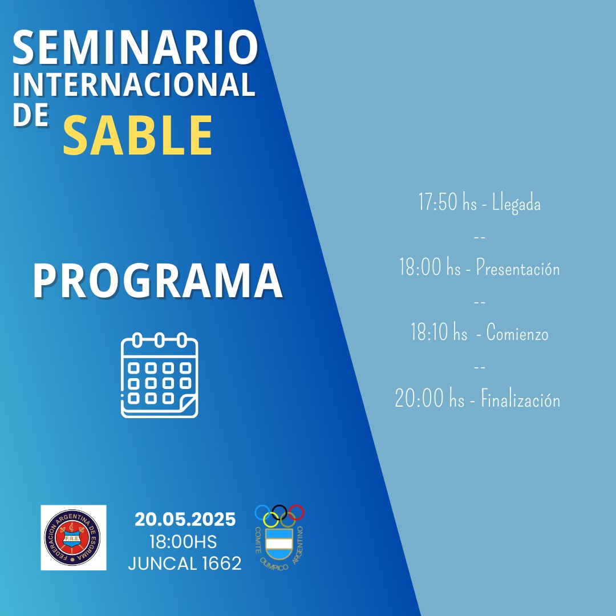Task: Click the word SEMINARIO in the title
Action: click(x=136, y=47)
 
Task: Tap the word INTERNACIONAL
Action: click(x=135, y=84)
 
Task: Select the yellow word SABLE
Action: click(x=138, y=135)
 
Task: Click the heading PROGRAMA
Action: click(x=158, y=281)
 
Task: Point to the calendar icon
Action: click(x=160, y=375)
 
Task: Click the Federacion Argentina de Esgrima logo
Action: click(x=74, y=537)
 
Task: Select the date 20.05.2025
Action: click(x=185, y=520)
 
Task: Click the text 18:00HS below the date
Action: click(x=183, y=542)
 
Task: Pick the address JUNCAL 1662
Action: click(x=185, y=564)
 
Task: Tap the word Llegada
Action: click(x=516, y=204)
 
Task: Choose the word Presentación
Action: click(x=518, y=268)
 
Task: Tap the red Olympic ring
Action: click(x=296, y=513)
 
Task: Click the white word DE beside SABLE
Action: click(x=31, y=115)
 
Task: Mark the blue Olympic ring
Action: click(x=263, y=513)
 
